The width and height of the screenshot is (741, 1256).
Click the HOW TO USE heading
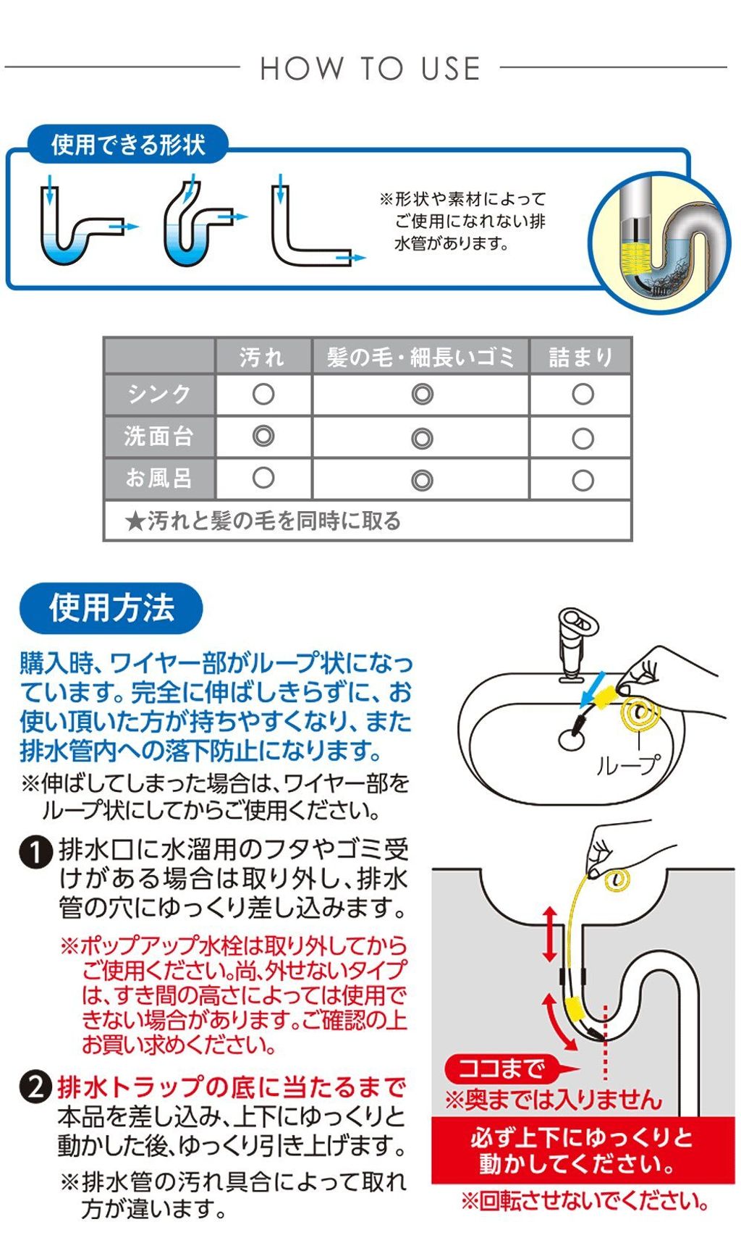click(370, 69)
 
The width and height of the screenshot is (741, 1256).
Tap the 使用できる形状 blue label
click(128, 145)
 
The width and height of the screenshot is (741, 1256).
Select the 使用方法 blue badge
click(111, 608)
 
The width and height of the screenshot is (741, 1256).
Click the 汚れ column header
click(263, 356)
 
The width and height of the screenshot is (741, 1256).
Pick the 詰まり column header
click(581, 356)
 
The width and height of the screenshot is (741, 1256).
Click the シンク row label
click(159, 395)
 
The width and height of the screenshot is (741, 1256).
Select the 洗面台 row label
click(159, 437)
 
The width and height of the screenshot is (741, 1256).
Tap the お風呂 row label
click(159, 479)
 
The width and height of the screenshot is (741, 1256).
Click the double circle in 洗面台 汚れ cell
click(263, 437)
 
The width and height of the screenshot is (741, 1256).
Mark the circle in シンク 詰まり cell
click(583, 395)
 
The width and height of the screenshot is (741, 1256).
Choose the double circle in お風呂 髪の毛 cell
click(422, 480)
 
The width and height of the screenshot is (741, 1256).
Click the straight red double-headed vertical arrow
click(550, 934)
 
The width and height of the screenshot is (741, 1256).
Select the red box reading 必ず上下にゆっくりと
click(583, 1151)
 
